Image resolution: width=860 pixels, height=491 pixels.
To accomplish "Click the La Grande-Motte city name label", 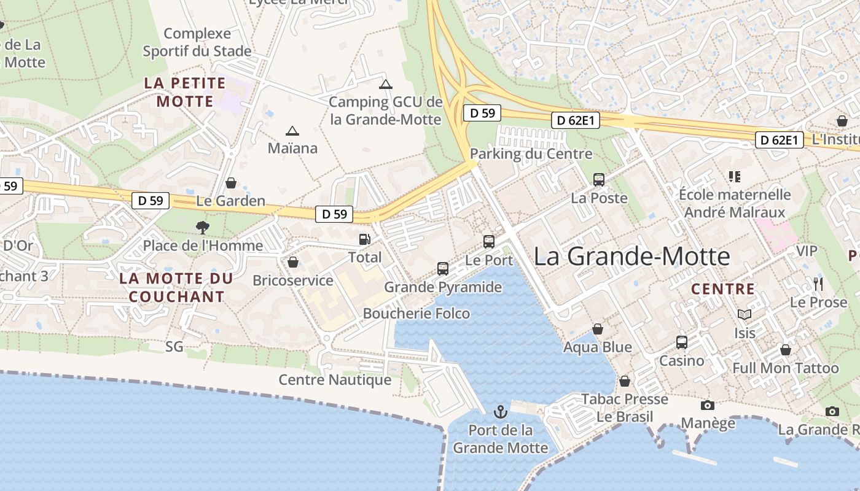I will pyautogui.click(x=631, y=256).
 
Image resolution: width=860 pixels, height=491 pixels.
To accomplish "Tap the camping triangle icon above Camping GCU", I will pyautogui.click(x=385, y=84).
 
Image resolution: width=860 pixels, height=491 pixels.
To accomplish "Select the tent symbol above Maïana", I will pyautogui.click(x=292, y=131).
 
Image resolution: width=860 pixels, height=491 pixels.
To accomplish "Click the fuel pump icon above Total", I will pyautogui.click(x=365, y=239).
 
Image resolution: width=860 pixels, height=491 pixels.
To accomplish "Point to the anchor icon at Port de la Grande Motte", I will pyautogui.click(x=501, y=411).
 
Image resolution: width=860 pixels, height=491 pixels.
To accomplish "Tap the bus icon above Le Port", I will pyautogui.click(x=489, y=241).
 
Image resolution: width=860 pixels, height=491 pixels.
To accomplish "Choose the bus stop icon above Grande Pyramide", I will pyautogui.click(x=443, y=268).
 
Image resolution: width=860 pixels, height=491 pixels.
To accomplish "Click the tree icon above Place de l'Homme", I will pyautogui.click(x=202, y=228).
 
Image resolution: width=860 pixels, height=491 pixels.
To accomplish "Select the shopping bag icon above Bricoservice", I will pyautogui.click(x=292, y=262).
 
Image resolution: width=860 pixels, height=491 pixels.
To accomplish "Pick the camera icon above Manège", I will pyautogui.click(x=708, y=405).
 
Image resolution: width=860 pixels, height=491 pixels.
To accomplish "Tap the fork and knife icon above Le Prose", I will pyautogui.click(x=818, y=284).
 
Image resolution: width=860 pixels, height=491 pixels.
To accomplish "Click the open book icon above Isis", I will pyautogui.click(x=745, y=314).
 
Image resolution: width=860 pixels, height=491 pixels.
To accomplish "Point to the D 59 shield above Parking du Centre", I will pyautogui.click(x=482, y=113).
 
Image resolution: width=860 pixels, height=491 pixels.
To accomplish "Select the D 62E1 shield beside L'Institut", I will pyautogui.click(x=780, y=140).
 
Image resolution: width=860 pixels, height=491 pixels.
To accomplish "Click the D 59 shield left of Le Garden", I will pyautogui.click(x=150, y=200).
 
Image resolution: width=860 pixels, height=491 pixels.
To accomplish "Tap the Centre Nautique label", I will pyautogui.click(x=335, y=380).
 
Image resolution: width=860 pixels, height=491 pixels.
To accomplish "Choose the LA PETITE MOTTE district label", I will pyautogui.click(x=185, y=92).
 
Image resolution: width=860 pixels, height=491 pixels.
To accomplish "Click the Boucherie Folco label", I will pyautogui.click(x=416, y=314).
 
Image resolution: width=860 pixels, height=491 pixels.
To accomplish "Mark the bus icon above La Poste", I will pyautogui.click(x=599, y=179).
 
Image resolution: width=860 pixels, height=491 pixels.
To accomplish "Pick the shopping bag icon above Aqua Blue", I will pyautogui.click(x=597, y=330).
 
